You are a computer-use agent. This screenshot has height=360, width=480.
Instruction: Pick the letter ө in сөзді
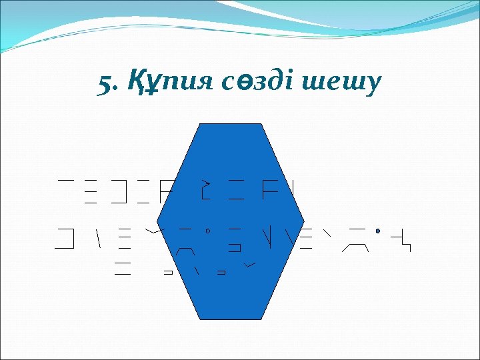pyautogui.click(x=248, y=84)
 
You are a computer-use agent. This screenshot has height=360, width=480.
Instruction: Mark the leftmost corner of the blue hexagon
pyautogui.click(x=158, y=221)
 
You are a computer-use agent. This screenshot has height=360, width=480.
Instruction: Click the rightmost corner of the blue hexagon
pyautogui.click(x=304, y=221)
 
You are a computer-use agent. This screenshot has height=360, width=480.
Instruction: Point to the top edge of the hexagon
pyautogui.click(x=231, y=124)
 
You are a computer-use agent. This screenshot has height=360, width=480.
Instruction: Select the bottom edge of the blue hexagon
pyautogui.click(x=231, y=320)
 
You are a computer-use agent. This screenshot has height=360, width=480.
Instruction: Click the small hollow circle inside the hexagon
pyautogui.click(x=209, y=232)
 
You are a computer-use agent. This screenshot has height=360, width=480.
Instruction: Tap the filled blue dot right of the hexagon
pyautogui.click(x=378, y=232)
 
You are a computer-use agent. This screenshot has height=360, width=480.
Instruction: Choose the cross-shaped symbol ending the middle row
pyautogui.click(x=402, y=238)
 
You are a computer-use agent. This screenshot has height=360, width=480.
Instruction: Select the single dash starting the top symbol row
pyautogui.click(x=65, y=180)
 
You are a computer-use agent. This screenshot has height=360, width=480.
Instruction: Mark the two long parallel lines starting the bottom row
pyautogui.click(x=122, y=269)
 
